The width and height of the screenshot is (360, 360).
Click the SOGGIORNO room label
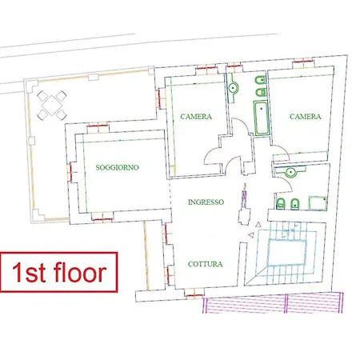pos(117,167)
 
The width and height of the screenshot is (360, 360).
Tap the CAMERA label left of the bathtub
pos(196,117)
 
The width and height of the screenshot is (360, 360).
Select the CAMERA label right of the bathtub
pos(306,117)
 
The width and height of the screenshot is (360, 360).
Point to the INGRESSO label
pos(206,202)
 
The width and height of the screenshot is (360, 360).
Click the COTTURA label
pos(205,264)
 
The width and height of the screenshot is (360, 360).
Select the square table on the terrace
pos(52,105)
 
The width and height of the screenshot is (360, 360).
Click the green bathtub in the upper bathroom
pos(261,118)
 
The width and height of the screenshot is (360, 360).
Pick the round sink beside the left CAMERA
pos(233,87)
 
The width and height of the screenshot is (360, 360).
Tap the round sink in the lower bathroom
pos(290,172)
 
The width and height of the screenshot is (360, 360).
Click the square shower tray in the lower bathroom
pos(318,203)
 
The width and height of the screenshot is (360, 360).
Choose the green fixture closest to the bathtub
pos(260,93)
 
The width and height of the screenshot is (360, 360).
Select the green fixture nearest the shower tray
pos(294,204)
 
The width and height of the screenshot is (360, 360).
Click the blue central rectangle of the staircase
pos(287,252)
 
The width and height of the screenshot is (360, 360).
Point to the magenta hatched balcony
pos(273,303)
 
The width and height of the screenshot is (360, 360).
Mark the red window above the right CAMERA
pos(302,62)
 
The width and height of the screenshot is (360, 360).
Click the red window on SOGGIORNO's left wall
pos(71,172)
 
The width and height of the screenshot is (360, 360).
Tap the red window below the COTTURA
pos(194,295)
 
